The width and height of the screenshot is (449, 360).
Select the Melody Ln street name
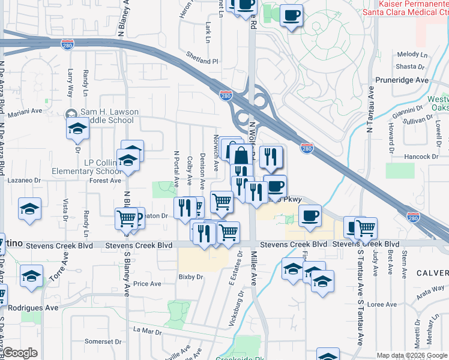411,55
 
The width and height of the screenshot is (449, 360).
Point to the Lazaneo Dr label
23,180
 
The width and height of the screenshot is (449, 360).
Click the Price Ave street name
148,284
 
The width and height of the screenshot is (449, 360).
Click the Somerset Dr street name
99,341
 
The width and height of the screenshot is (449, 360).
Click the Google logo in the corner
20,353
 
